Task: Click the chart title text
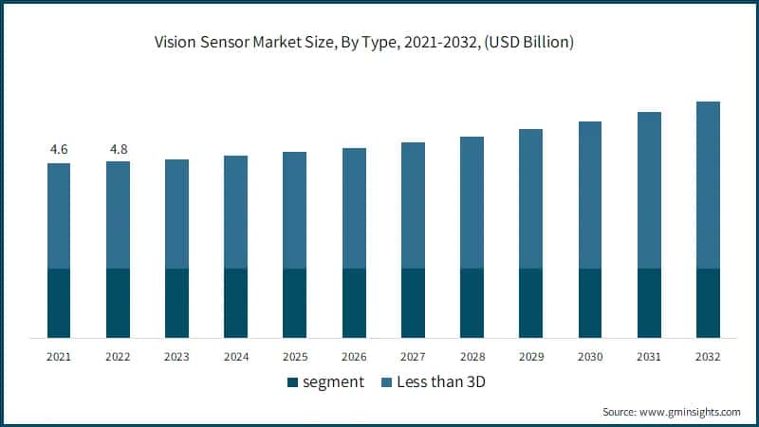tap(379, 42)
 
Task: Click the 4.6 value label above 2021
tap(59, 149)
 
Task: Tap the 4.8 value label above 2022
tap(118, 149)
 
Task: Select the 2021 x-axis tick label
tap(59, 357)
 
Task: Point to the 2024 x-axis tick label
tap(235, 357)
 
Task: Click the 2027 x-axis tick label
tap(413, 357)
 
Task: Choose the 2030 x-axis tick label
tap(589, 357)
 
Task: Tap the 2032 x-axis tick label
tap(708, 357)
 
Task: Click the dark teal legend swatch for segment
tap(291, 383)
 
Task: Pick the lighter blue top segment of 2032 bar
tap(708, 185)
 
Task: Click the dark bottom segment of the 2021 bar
tap(59, 303)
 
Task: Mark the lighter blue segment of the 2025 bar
tap(294, 210)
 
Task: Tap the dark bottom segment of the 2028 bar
tap(472, 303)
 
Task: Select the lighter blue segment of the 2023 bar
tap(176, 213)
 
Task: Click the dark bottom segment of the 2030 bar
tap(589, 303)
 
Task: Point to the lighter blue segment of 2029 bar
tap(530, 198)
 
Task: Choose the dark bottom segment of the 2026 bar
tap(354, 303)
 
